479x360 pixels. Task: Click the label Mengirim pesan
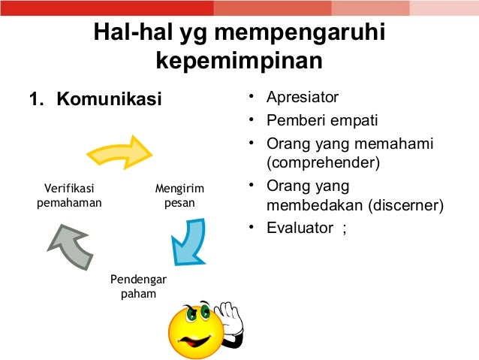click(x=179, y=195)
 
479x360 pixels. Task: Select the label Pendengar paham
click(x=138, y=286)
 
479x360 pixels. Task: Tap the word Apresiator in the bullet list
click(x=303, y=98)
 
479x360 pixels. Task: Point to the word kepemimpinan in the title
click(x=239, y=60)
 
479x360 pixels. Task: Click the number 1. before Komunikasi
click(x=36, y=99)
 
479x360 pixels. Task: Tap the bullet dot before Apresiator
click(x=252, y=98)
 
